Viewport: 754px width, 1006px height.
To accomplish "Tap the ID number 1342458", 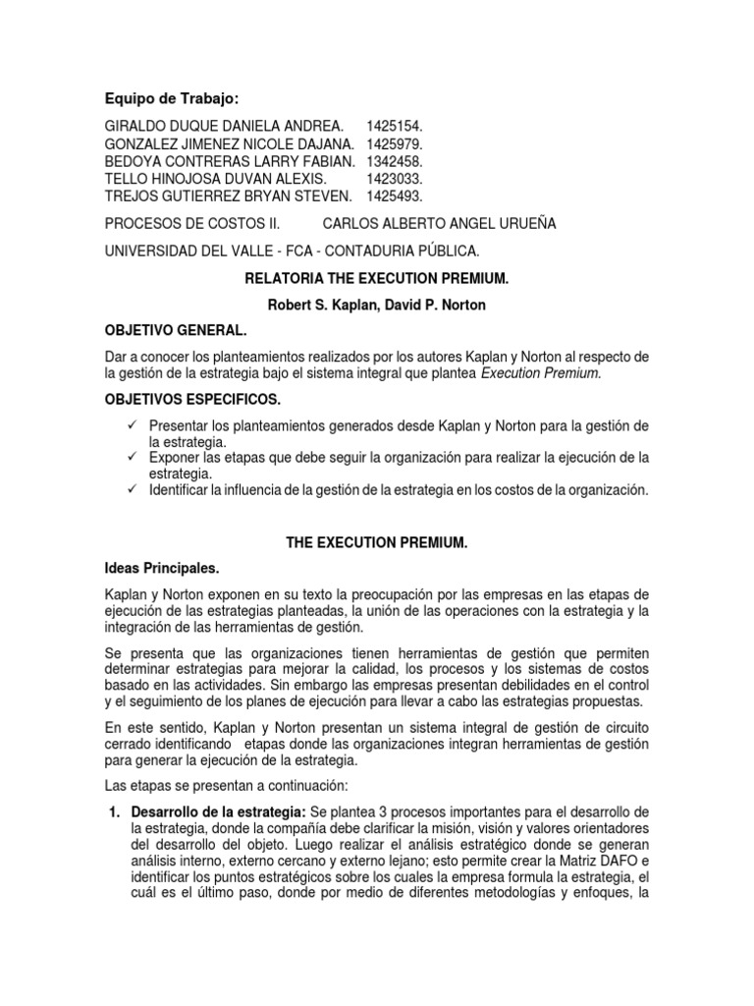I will tap(395, 161).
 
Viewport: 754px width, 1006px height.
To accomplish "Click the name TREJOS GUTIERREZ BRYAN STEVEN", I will tap(228, 196).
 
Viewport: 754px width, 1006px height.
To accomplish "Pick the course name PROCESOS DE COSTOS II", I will tap(186, 224).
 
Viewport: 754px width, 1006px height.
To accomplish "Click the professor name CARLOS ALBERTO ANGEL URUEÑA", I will tap(439, 224).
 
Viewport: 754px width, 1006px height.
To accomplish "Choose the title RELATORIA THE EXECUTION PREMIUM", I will tap(376, 279).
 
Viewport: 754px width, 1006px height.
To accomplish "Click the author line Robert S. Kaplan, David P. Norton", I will tap(376, 306).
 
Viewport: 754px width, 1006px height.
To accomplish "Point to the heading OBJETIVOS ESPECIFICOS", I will tap(191, 401).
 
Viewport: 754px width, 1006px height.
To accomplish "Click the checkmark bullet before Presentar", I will tap(133, 425).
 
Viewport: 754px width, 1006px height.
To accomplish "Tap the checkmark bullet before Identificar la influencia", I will tap(133, 489).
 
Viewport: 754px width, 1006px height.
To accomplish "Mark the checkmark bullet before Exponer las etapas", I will tap(133, 458).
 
